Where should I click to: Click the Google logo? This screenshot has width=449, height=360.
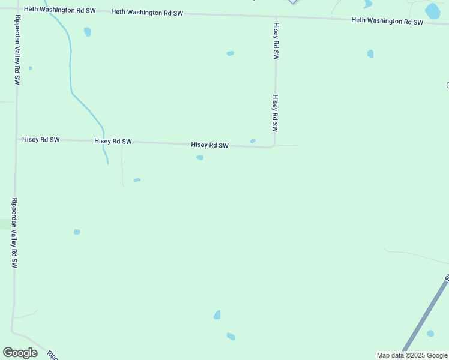point(20,352)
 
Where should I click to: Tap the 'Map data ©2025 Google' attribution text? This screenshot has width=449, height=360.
point(412,355)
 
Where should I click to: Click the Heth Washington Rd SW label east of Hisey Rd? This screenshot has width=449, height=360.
point(387,21)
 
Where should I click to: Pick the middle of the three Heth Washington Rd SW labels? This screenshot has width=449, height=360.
point(147,13)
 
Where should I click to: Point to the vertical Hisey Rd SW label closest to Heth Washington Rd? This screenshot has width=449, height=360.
point(276,41)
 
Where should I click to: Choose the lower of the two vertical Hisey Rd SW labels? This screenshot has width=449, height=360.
point(275,113)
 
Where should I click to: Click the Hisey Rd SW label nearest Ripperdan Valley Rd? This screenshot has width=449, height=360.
point(41,139)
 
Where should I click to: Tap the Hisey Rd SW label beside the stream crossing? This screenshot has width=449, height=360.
point(113,142)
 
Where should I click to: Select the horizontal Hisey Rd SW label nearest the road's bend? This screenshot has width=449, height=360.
point(210,145)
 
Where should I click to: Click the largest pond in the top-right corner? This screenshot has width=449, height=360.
point(432,11)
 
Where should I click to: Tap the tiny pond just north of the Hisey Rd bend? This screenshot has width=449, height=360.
point(253,141)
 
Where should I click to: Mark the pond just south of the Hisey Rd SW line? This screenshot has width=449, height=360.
point(200,158)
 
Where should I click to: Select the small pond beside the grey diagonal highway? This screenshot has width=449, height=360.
point(430,333)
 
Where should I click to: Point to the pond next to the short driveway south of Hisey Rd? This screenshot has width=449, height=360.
point(137,180)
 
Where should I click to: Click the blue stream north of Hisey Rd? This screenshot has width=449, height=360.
point(71,66)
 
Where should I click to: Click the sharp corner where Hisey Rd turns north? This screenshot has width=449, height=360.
point(274,146)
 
